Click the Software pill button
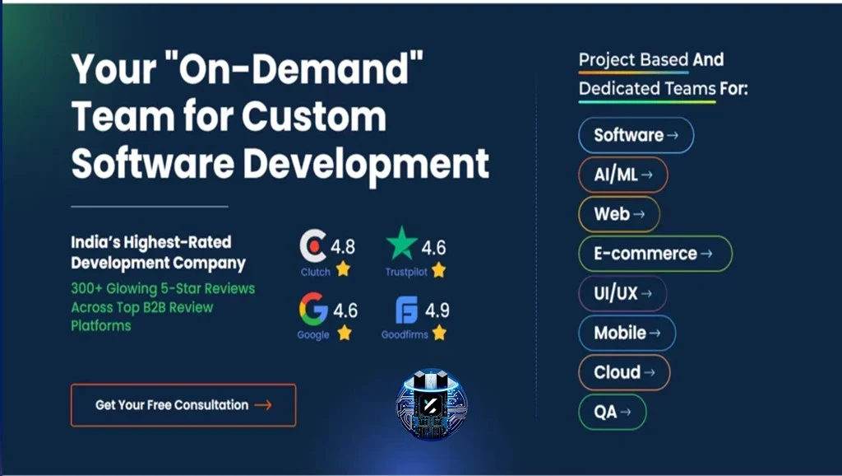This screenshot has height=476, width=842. point(636,135)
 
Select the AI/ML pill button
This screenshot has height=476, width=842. point(623,175)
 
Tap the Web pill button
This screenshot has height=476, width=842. point(618,214)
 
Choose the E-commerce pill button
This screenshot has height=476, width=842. point(655,254)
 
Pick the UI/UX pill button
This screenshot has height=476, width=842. point(622,293)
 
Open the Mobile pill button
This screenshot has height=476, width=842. point(627,333)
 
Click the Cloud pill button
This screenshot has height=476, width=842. point(624,372)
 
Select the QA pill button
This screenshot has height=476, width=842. point(612,412)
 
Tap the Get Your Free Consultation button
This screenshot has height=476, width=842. point(183,405)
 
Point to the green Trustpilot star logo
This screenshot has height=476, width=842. point(401,243)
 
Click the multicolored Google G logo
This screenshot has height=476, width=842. point(313,310)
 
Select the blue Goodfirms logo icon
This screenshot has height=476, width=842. point(406,310)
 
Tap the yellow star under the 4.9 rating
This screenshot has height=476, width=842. point(439,333)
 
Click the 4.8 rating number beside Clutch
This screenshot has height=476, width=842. point(343,247)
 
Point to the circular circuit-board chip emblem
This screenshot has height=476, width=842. point(432,404)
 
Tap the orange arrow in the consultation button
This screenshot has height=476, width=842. point(263,405)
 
